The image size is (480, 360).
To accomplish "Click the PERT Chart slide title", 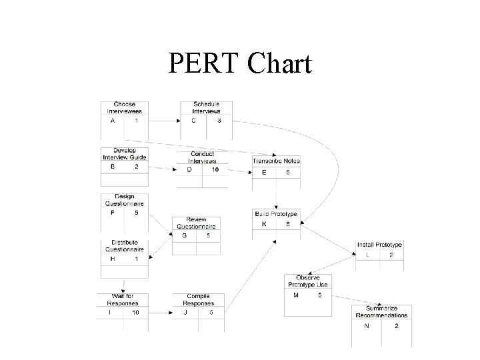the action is click(240, 63).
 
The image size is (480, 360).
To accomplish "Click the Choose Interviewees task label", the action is click(124, 108).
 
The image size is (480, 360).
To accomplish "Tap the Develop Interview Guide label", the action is click(124, 154).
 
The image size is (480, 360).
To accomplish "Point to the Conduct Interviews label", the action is click(202, 157).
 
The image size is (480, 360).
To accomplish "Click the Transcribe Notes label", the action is click(276, 161).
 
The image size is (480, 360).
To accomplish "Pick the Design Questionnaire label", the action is click(124, 200).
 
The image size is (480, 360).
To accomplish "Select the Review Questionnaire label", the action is click(196, 223).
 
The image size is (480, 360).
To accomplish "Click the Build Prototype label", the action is click(276, 214).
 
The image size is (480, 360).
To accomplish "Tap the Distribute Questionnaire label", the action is click(124, 246).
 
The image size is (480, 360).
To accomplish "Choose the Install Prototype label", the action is click(379, 245).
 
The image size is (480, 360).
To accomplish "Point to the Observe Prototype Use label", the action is click(307, 281).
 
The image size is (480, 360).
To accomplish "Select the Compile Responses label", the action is click(199, 299).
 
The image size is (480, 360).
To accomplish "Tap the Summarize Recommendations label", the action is click(382, 312).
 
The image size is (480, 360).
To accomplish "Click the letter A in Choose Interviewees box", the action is click(113, 121).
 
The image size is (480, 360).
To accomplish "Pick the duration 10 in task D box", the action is click(215, 170).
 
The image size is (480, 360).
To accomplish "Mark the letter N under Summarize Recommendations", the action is click(367, 326).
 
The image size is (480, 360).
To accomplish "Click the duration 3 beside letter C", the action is click(219, 121).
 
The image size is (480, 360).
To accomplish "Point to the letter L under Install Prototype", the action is click(367, 255).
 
